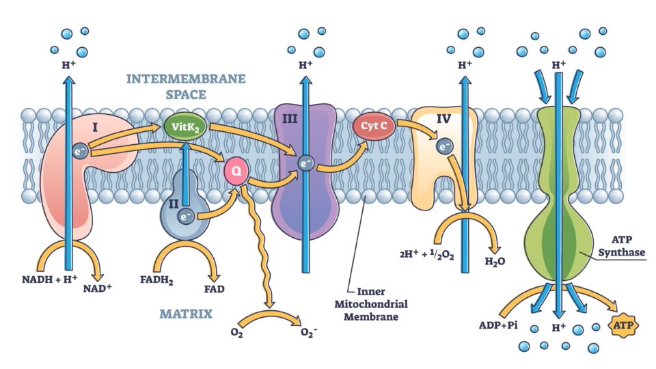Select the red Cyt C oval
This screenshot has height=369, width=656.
click(x=372, y=126)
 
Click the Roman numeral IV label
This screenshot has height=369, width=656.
click(x=445, y=119)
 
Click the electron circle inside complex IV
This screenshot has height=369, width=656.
click(x=445, y=146)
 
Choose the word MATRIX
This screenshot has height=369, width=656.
click(x=186, y=314)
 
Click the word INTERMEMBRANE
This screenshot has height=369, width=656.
click(x=186, y=79)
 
